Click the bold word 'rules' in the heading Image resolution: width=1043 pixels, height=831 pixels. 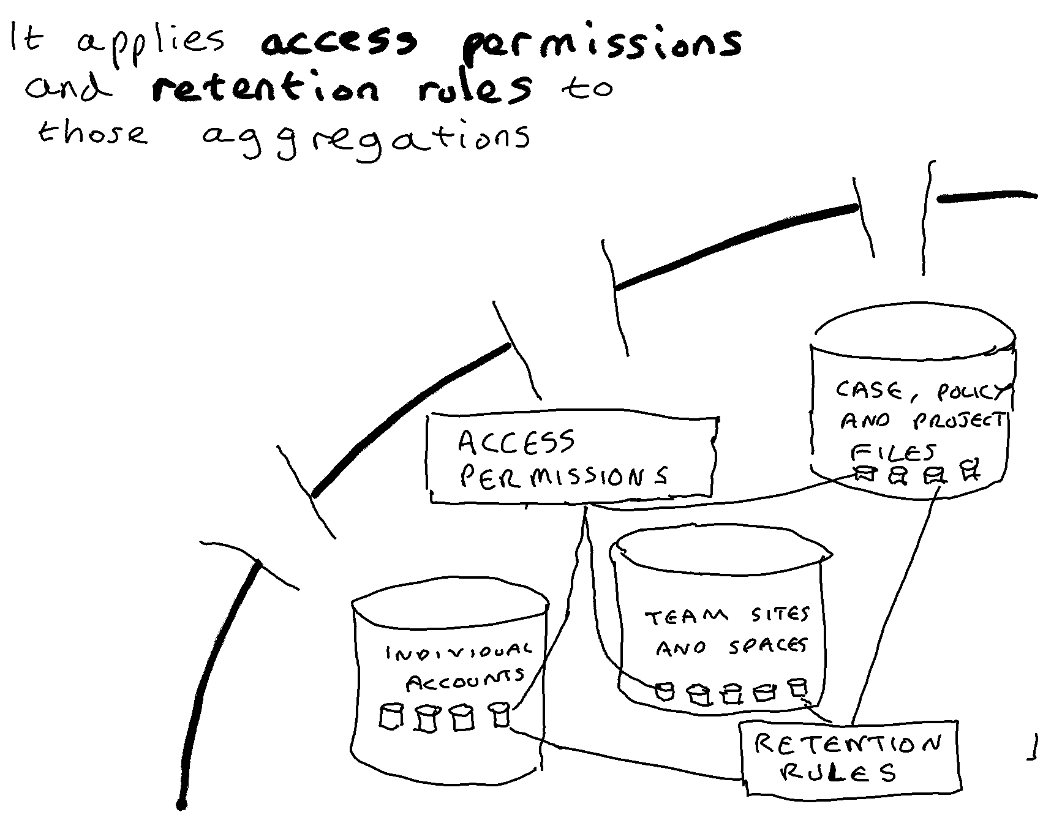(475, 89)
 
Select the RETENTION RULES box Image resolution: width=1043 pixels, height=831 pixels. (849, 759)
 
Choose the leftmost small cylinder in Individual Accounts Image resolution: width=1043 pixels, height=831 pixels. (390, 716)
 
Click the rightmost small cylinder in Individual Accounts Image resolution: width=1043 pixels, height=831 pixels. (500, 715)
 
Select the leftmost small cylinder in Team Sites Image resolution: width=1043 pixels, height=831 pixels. (665, 692)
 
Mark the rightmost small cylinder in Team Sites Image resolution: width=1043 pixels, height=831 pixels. (797, 687)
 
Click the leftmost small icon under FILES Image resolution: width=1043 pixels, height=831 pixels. (864, 473)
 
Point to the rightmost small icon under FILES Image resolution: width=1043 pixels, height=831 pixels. (970, 471)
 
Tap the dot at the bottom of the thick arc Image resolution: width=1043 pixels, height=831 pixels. (181, 805)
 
